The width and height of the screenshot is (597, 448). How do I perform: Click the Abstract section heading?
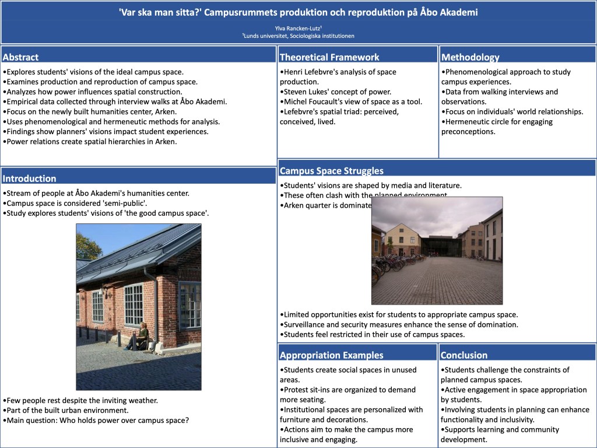coord(21,57)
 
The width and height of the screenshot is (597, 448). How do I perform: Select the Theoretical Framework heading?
coord(329,57)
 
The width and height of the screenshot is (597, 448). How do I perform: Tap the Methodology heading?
coord(470,57)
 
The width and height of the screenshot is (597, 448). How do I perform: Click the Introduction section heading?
coord(30,178)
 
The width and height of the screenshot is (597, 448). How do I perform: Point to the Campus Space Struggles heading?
coord(332,171)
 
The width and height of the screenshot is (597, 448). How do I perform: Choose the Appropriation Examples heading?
coord(332,355)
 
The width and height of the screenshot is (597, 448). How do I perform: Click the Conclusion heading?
coord(464,355)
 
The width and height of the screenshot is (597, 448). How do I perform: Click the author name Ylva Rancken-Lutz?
coord(298,28)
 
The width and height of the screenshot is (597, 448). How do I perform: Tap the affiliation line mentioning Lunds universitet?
coord(298,36)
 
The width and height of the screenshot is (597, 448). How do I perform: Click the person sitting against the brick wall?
coord(141,337)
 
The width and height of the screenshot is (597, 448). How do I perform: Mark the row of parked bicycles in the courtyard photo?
coord(391,265)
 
